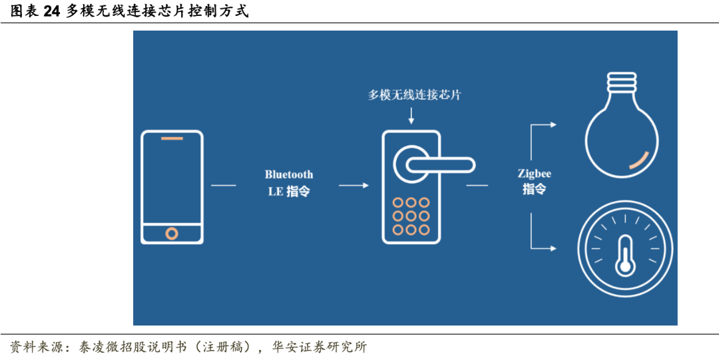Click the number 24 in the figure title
[x=51, y=11]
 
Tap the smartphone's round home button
[x=172, y=233]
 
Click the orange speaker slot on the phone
[x=172, y=139]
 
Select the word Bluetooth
[x=289, y=174]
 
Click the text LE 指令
[x=289, y=192]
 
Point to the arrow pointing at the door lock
[x=354, y=185]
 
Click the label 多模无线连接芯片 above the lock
[x=415, y=95]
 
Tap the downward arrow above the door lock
[x=411, y=115]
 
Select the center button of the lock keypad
[x=411, y=216]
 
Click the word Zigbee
[x=535, y=174]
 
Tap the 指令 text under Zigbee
[x=535, y=190]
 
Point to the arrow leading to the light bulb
[x=543, y=125]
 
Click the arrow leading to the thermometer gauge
[x=543, y=248]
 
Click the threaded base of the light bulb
[x=622, y=83]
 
